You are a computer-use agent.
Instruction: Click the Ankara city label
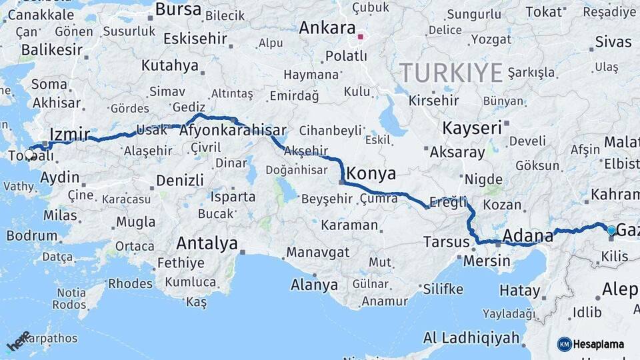(327, 28)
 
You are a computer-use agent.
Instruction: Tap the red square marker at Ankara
(361, 37)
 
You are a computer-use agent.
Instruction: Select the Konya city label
(371, 174)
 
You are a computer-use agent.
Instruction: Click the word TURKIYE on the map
(451, 72)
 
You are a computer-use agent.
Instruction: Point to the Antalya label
(207, 243)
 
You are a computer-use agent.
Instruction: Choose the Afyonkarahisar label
(233, 131)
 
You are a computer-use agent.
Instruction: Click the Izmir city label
(69, 135)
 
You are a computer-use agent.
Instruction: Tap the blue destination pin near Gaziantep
(611, 231)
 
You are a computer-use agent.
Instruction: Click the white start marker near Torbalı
(29, 153)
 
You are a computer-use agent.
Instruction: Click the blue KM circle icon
(565, 345)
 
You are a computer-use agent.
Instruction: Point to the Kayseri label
(472, 127)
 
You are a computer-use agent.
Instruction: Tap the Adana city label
(528, 235)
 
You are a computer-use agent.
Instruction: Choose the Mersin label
(486, 261)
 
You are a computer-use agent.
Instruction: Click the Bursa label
(178, 9)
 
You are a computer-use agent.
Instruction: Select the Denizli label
(180, 180)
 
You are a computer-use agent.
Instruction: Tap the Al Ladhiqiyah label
(471, 338)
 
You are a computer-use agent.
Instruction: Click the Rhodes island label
(130, 283)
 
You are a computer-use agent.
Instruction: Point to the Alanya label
(314, 285)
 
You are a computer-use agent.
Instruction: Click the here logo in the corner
(19, 341)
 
